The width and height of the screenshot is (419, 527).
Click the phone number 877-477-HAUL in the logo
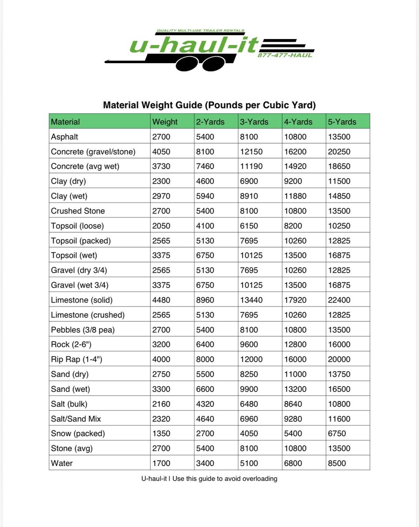pyautogui.click(x=285, y=55)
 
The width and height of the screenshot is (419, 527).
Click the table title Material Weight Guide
pyautogui.click(x=209, y=105)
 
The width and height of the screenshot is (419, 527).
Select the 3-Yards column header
pyautogui.click(x=254, y=122)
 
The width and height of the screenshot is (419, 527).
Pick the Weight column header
pyautogui.click(x=165, y=122)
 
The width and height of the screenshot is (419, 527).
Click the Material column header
pyautogui.click(x=66, y=122)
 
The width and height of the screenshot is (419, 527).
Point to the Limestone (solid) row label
pyautogui.click(x=82, y=300)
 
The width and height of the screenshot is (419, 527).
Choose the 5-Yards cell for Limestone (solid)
pyautogui.click(x=339, y=300)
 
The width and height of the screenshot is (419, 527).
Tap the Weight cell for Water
pyautogui.click(x=161, y=463)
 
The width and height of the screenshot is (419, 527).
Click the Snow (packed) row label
pyautogui.click(x=78, y=433)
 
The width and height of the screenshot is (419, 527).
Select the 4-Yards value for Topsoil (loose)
pyautogui.click(x=293, y=226)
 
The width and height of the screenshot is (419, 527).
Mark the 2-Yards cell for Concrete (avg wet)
pyautogui.click(x=205, y=166)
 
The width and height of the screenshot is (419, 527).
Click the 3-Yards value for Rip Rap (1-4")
pyautogui.click(x=251, y=359)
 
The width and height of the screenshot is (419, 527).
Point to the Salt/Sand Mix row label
pyautogui.click(x=76, y=419)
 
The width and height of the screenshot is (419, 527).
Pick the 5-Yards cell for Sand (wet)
pyautogui.click(x=339, y=389)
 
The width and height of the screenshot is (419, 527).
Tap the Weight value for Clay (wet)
pyautogui.click(x=161, y=196)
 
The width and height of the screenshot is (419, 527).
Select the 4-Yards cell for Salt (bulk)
pyautogui.click(x=293, y=404)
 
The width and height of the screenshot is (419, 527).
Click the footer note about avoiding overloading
pyautogui.click(x=209, y=479)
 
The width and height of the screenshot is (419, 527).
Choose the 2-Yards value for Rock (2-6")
pyautogui.click(x=205, y=345)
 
